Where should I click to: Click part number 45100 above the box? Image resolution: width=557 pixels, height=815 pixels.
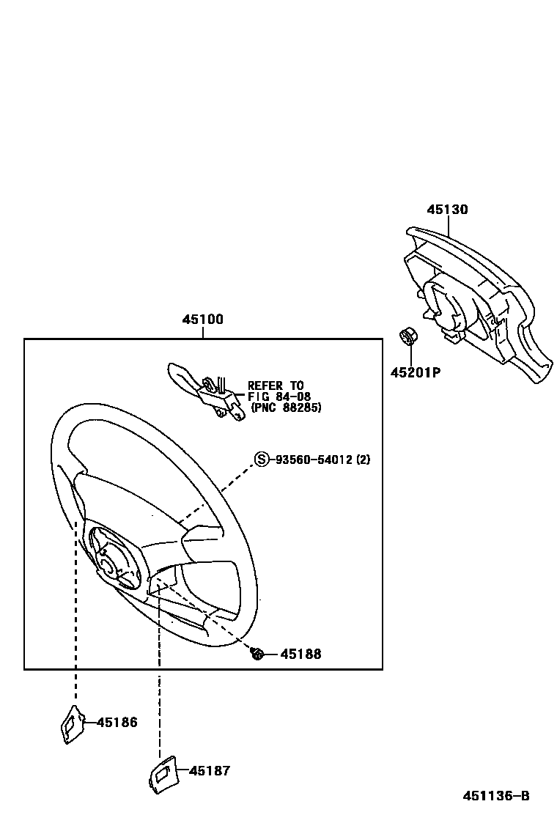coord(203,320)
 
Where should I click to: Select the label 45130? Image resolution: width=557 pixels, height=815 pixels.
coord(447,210)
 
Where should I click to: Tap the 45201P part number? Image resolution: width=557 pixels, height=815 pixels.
coord(415,372)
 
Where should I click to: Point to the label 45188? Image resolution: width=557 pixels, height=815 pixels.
coord(300,654)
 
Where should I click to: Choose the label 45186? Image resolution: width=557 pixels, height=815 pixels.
coord(117,723)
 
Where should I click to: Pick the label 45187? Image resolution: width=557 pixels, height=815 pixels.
coord(210,771)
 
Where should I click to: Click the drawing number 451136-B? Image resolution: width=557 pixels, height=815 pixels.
coord(495,796)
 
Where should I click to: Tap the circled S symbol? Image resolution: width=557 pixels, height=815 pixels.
coord(262,460)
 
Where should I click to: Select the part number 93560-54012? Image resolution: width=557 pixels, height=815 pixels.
coord(315,460)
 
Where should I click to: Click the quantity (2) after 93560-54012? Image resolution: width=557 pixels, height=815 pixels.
coord(364,460)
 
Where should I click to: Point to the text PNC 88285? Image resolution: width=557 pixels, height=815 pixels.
coord(286,407)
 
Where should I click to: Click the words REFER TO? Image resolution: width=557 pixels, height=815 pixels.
coord(276,386)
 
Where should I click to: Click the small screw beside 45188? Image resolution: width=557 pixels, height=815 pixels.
coord(257,653)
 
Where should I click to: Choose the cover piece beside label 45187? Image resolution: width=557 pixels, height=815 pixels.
coord(161,772)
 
